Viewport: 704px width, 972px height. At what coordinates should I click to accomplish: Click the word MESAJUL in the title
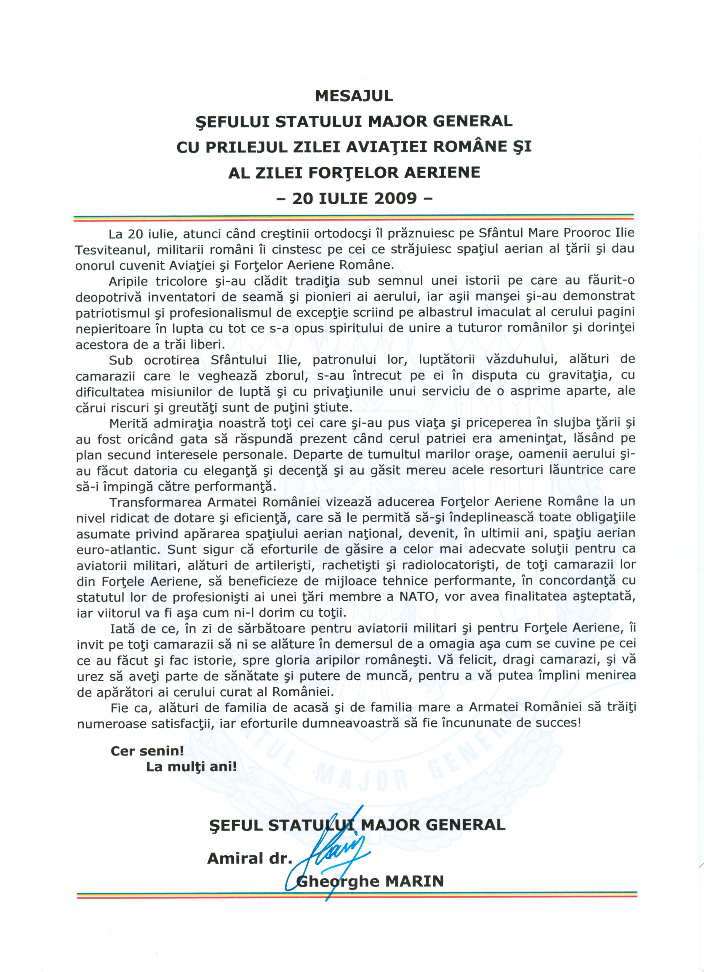[x=354, y=96]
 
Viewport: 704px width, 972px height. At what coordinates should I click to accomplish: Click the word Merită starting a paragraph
[x=128, y=423]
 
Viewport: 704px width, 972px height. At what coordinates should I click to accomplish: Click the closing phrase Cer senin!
[x=147, y=751]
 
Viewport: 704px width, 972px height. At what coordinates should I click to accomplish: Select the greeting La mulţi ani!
[x=191, y=767]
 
